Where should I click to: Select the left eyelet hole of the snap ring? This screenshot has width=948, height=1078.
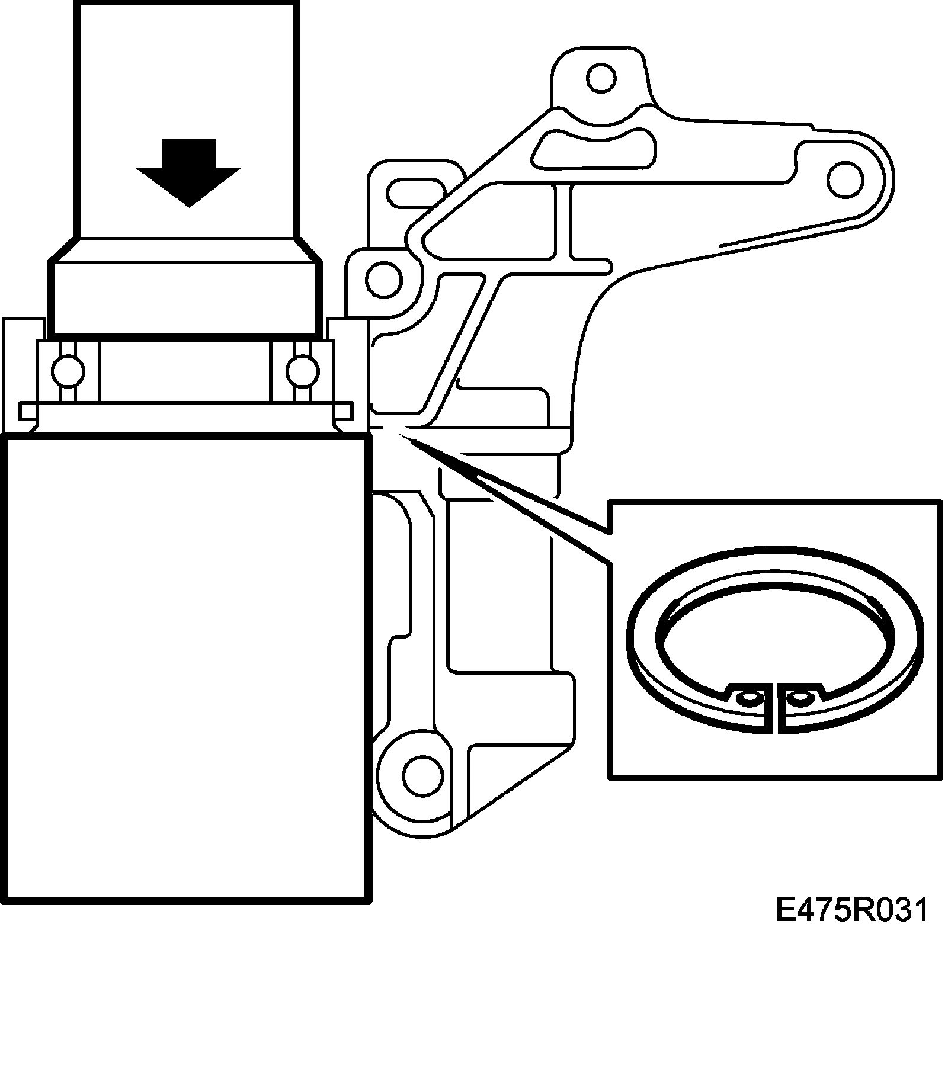(x=750, y=698)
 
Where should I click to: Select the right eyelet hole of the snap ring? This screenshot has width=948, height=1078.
(x=799, y=697)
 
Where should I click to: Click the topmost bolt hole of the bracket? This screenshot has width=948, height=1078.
(x=601, y=77)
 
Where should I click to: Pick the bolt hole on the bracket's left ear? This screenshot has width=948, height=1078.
(x=384, y=277)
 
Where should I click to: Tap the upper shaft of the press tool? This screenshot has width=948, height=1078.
(x=186, y=118)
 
